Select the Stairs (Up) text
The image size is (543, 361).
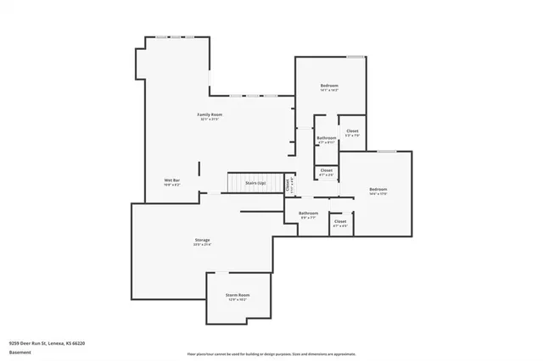[x=255, y=183]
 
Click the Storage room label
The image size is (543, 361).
[x=202, y=240]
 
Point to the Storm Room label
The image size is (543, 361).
[x=237, y=294]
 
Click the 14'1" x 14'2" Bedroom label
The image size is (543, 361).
[x=329, y=86]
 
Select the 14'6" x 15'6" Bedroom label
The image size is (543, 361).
[x=378, y=188]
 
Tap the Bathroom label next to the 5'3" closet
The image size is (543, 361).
[x=327, y=137]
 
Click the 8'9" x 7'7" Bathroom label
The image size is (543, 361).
[x=308, y=213]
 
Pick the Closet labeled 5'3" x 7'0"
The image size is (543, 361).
[x=352, y=131]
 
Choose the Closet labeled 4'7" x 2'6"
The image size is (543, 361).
[x=327, y=171]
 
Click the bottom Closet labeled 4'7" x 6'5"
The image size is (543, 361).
[x=340, y=221]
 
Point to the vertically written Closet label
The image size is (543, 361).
[x=288, y=183]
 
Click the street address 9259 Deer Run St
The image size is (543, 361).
[x=47, y=343]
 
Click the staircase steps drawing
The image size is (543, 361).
[x=234, y=183]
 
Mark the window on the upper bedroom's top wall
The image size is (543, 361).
[x=355, y=57]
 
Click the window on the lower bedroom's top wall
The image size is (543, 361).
[x=386, y=152]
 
